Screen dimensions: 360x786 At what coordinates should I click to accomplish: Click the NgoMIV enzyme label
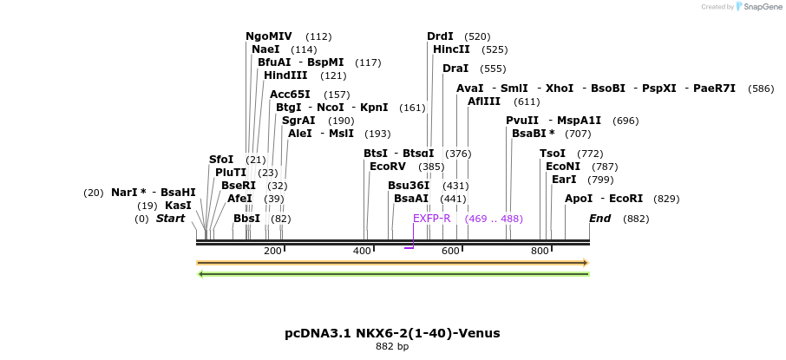269,36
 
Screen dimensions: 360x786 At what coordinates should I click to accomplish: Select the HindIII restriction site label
285,75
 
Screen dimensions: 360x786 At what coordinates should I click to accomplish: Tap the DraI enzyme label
455,69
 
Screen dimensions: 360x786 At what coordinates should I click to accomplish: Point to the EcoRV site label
388,167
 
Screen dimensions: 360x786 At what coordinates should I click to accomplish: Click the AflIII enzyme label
484,101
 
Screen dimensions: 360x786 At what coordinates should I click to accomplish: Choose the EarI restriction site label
564,180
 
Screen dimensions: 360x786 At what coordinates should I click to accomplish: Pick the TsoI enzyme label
553,154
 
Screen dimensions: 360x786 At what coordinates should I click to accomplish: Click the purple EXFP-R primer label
431,219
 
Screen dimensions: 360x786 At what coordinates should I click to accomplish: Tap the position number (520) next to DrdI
477,36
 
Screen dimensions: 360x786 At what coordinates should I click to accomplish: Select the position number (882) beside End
636,219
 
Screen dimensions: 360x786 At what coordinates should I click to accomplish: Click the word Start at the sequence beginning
170,219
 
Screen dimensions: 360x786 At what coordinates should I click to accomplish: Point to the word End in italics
599,219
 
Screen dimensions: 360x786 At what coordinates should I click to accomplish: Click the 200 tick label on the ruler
272,251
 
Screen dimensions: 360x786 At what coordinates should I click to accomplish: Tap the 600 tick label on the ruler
450,251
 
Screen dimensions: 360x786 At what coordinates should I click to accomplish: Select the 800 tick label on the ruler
540,251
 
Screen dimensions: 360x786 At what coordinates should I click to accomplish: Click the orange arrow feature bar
392,262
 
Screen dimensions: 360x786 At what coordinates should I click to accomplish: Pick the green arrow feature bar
392,274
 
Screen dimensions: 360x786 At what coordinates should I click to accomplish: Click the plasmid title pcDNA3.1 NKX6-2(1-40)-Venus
392,333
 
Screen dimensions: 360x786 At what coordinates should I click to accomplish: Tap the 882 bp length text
392,347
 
